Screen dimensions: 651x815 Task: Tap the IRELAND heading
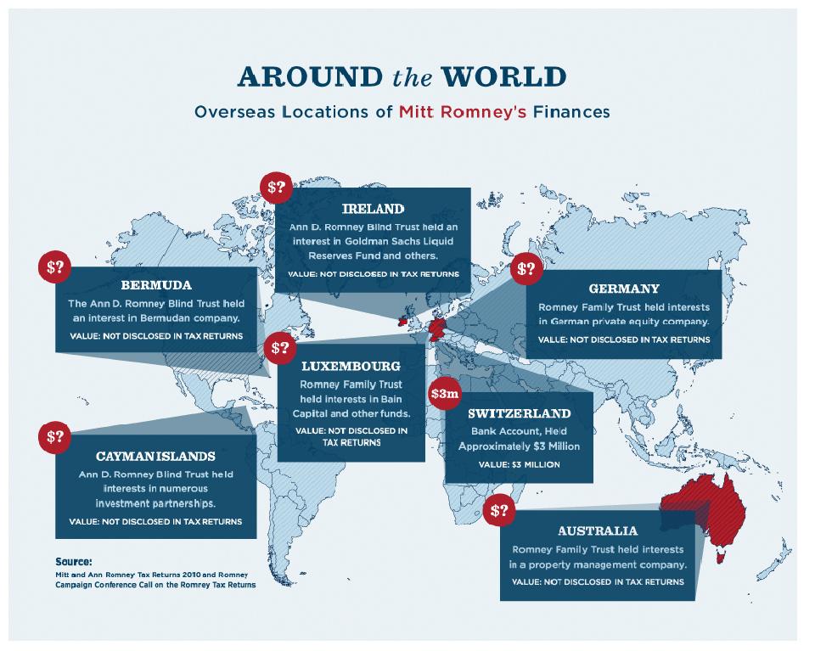click(373, 209)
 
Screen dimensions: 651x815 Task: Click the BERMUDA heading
click(155, 285)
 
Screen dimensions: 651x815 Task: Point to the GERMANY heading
click(623, 289)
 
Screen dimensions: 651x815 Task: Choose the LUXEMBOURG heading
click(351, 367)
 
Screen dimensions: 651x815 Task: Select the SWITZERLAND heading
click(519, 414)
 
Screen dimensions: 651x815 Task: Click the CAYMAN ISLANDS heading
click(155, 456)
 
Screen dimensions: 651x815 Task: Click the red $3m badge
click(445, 395)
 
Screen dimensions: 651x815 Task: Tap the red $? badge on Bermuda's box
click(55, 267)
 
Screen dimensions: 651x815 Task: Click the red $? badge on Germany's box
click(526, 269)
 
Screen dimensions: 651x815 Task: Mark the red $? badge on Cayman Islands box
click(55, 437)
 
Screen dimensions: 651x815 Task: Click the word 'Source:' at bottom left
click(73, 561)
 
